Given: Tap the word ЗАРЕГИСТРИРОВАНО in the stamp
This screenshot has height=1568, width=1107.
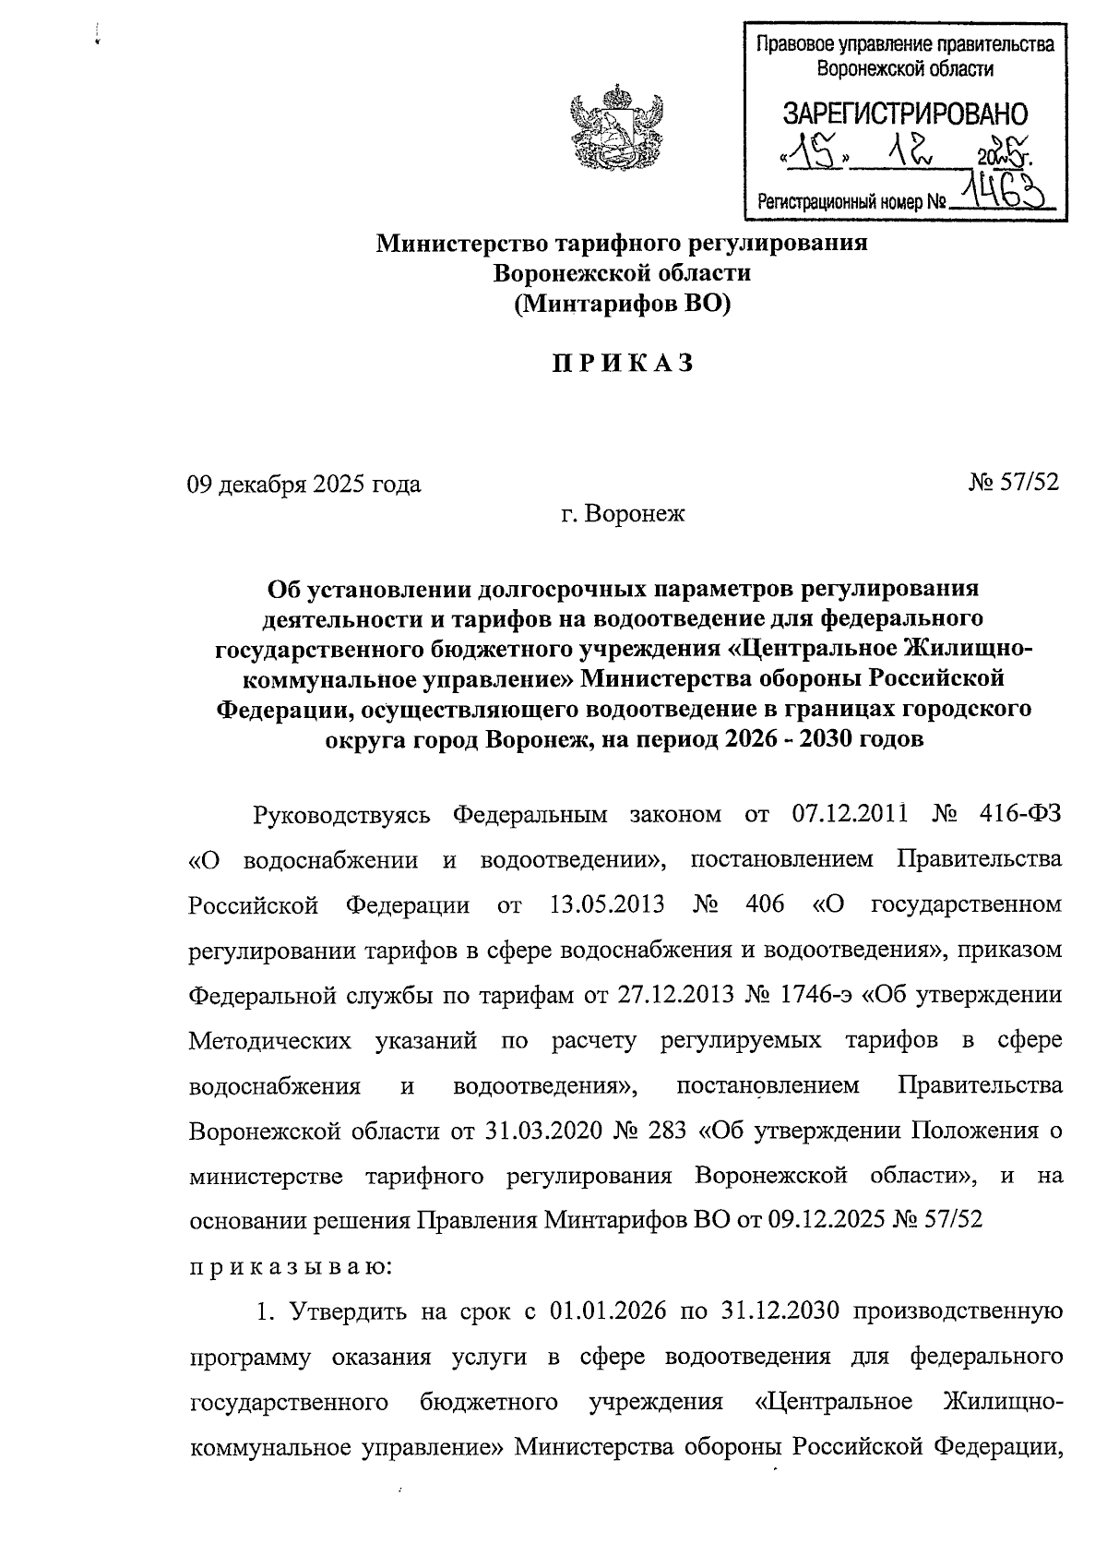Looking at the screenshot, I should pyautogui.click(x=904, y=114).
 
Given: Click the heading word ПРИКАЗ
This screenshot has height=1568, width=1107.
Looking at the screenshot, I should pyautogui.click(x=622, y=364).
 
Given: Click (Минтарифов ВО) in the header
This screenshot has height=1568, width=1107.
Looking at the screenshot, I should pyautogui.click(x=622, y=303).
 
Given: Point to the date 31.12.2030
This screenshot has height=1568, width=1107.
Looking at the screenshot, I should pyautogui.click(x=780, y=1311).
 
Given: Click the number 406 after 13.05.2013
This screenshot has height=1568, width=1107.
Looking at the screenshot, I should pyautogui.click(x=763, y=904).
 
